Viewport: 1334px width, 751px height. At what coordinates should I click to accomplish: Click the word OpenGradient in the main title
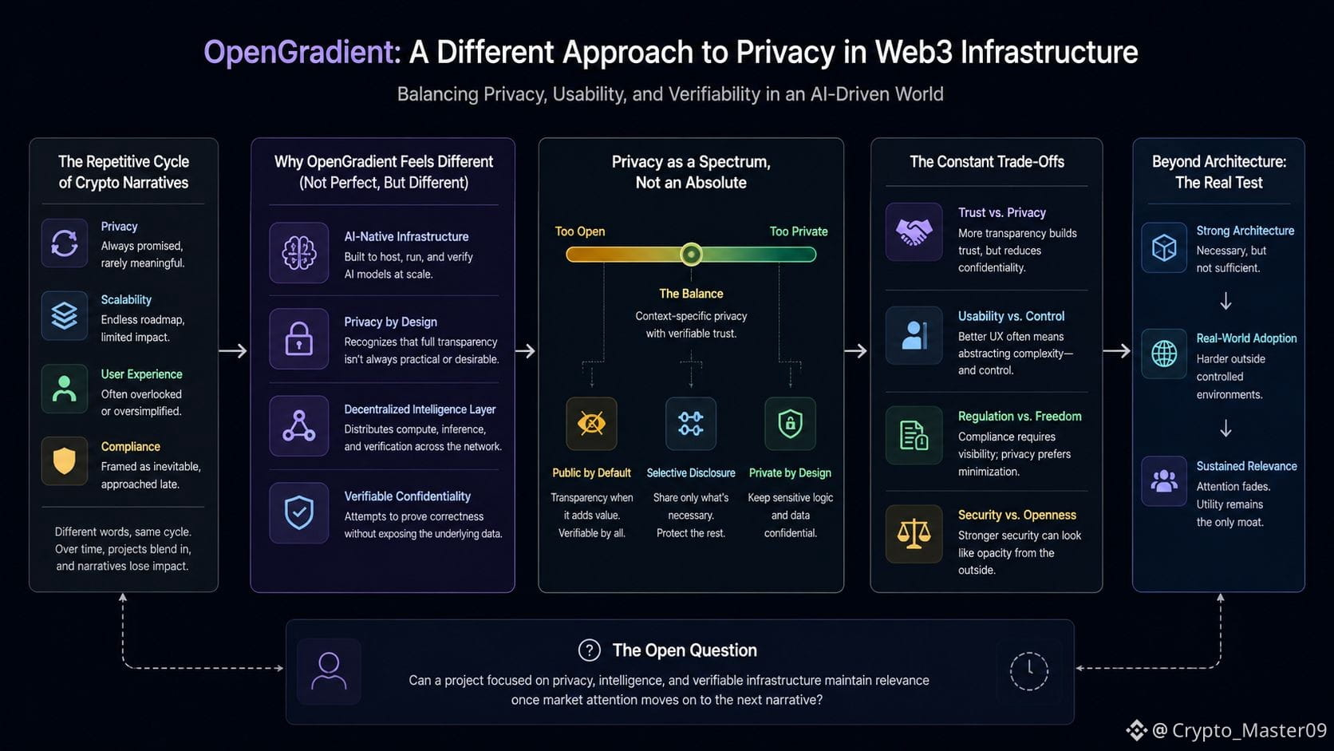tap(302, 53)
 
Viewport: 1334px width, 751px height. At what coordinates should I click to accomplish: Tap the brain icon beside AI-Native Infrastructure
tap(299, 253)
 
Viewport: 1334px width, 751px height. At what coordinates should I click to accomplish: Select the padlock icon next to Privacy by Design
tap(299, 339)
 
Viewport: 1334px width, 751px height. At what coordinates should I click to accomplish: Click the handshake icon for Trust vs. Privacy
tap(914, 232)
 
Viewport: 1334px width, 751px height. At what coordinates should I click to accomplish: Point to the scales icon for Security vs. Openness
tap(914, 534)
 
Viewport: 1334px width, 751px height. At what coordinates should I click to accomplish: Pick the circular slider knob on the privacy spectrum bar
tap(691, 255)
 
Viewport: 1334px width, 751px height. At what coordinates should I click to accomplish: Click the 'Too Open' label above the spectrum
tap(579, 231)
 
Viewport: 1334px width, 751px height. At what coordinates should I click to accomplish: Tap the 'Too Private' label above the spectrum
tap(798, 231)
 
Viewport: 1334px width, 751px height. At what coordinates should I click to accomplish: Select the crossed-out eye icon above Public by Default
tap(591, 424)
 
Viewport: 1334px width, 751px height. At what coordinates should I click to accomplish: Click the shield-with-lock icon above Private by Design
tap(791, 424)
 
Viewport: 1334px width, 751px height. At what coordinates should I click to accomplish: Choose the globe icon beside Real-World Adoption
tap(1164, 354)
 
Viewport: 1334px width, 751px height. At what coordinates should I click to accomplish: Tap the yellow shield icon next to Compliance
tap(65, 461)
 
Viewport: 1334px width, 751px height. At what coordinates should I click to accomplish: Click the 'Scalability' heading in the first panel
tap(126, 299)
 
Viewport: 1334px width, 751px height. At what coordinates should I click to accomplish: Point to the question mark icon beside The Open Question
tap(589, 650)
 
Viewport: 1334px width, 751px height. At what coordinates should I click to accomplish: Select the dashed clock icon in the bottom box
tap(1029, 671)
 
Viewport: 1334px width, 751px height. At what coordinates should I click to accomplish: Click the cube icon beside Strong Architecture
tap(1164, 247)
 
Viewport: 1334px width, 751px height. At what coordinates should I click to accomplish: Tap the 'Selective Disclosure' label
tap(691, 473)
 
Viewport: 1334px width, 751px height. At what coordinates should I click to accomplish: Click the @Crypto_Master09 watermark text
tap(1239, 730)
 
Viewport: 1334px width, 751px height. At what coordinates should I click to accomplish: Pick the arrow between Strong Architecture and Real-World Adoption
tap(1225, 301)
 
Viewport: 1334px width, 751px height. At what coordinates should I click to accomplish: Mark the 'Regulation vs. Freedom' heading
tap(1020, 417)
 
